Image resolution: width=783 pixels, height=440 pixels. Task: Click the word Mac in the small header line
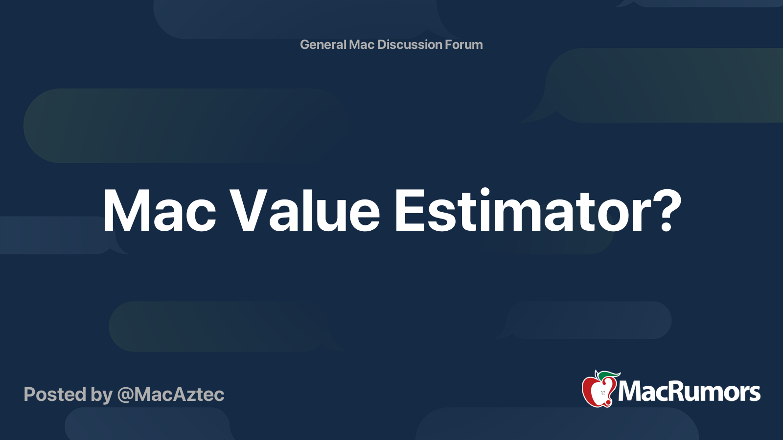362,44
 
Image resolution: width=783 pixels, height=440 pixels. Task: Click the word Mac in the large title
160,211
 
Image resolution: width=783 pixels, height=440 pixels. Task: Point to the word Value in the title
305,211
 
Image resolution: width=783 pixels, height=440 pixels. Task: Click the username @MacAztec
171,395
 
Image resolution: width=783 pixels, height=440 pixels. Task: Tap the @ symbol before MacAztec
125,395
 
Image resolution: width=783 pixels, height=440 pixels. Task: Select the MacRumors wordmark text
689,392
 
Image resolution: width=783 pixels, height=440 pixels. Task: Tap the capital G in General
305,44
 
